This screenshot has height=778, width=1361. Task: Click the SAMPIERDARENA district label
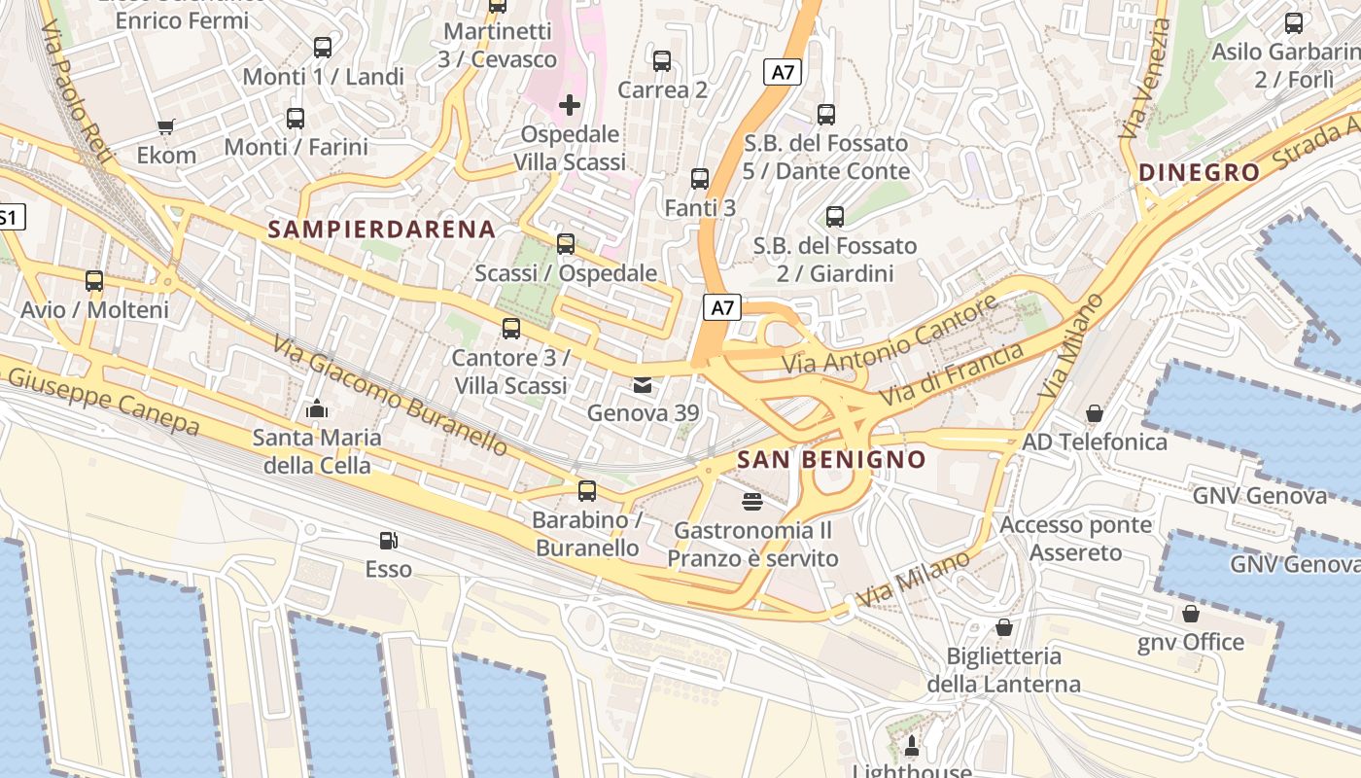(x=381, y=230)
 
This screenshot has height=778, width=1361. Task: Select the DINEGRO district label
(x=1199, y=173)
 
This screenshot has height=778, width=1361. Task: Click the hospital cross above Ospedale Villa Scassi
(x=570, y=104)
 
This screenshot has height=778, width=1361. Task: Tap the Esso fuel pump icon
(x=388, y=541)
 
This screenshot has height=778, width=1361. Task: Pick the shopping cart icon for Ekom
(x=165, y=126)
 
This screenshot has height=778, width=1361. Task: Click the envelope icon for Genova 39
(x=643, y=385)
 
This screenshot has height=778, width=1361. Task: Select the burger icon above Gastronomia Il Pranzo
(x=751, y=502)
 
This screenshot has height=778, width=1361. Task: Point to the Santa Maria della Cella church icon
(x=317, y=409)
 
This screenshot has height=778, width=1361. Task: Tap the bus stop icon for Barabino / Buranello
(x=586, y=491)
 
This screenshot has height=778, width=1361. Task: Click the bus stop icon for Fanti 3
(x=699, y=179)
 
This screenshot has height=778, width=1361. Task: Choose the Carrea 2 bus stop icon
(x=662, y=61)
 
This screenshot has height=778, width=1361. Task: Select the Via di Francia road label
(x=952, y=375)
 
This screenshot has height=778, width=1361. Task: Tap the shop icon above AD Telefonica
(x=1094, y=413)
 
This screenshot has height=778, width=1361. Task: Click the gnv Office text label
(x=1191, y=642)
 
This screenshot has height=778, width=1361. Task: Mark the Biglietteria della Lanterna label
(x=1003, y=670)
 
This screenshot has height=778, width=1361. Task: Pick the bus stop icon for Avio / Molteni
(x=94, y=281)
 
